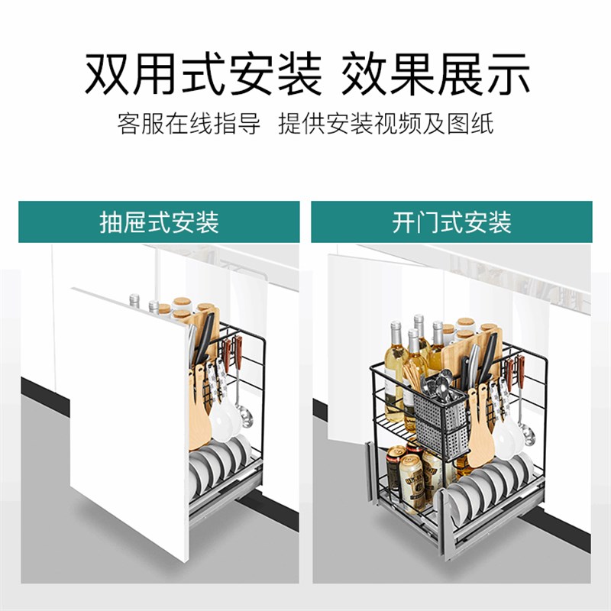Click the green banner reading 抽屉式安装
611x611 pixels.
[159, 222]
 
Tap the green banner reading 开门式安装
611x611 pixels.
[451, 222]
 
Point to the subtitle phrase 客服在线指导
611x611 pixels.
[189, 124]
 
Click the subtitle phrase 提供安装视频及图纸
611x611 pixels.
[386, 124]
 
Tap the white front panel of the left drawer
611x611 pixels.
[122, 412]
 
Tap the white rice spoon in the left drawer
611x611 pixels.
[221, 416]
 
